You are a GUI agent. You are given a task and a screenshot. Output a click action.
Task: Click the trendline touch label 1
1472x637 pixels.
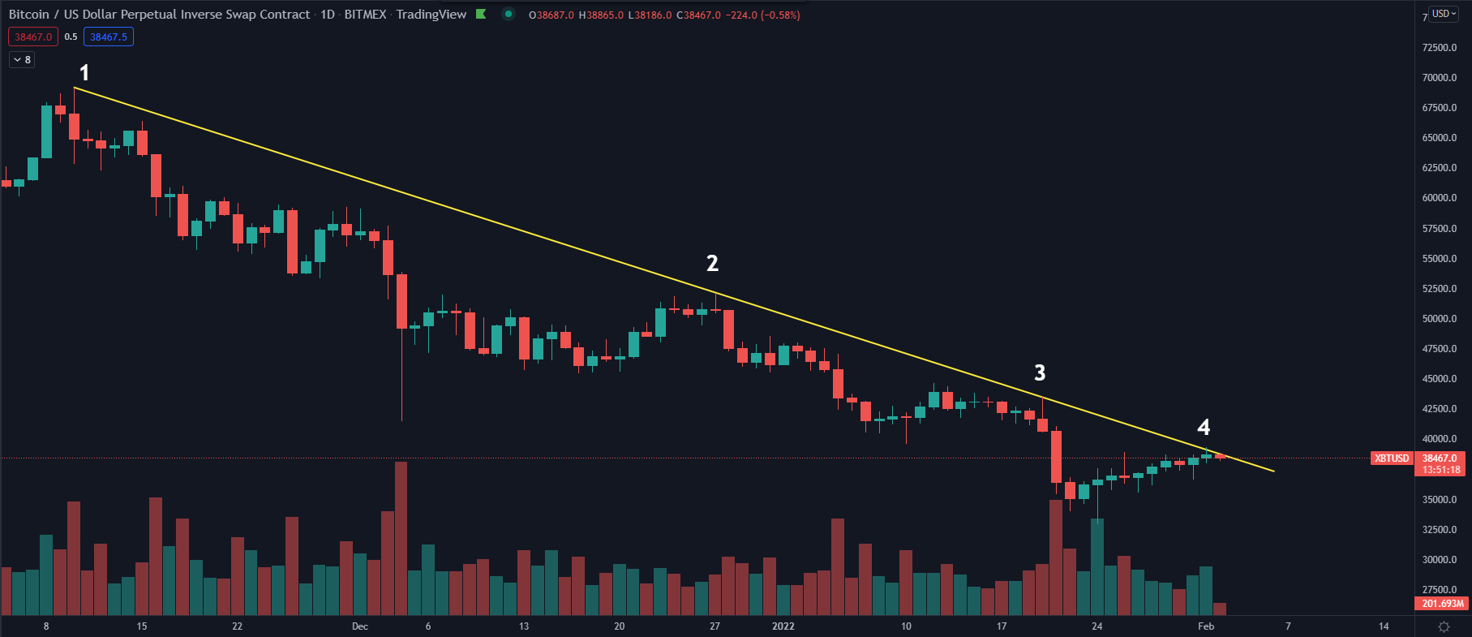coord(84,73)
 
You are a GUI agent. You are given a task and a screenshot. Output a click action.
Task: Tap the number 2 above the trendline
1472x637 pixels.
coord(712,263)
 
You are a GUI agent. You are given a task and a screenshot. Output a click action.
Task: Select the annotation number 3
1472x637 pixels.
coord(1040,372)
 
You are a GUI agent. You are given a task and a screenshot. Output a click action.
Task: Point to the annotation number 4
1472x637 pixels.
coord(1204,427)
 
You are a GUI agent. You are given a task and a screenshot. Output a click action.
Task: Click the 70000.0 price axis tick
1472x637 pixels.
coord(1439,78)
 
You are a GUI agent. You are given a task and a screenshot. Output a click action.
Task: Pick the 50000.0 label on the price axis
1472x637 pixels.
coord(1439,319)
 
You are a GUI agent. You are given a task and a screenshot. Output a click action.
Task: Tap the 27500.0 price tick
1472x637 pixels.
coord(1439,590)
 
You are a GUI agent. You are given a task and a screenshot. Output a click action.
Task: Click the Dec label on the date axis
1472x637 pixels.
coord(360,626)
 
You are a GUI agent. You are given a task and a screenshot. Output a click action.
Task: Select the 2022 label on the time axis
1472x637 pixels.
coord(783,626)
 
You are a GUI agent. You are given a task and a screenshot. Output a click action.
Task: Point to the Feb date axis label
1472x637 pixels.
coord(1206,626)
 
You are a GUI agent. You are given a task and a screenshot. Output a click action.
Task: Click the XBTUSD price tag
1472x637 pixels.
coord(1391,458)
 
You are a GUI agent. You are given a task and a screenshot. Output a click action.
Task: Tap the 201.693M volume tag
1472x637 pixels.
coord(1443,604)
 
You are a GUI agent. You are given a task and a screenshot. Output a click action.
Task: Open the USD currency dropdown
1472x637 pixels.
coord(1444,14)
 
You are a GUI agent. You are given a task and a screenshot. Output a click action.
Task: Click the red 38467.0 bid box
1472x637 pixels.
coord(33,37)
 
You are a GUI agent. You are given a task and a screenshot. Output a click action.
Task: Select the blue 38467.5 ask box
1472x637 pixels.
coord(109,37)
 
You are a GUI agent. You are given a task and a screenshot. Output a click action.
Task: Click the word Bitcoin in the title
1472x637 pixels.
coord(29,15)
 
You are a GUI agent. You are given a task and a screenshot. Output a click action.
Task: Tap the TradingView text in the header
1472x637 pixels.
coord(431,15)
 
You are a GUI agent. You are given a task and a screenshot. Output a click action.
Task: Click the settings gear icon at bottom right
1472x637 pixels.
coord(1444,626)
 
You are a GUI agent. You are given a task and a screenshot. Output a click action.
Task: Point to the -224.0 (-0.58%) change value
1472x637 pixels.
coord(762,15)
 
